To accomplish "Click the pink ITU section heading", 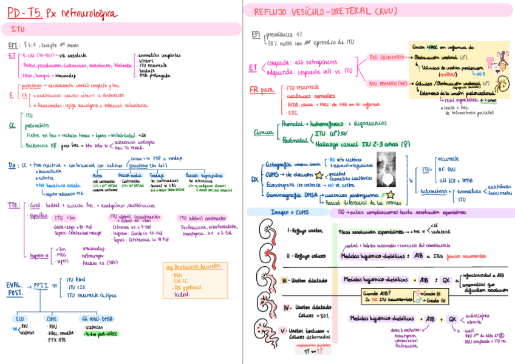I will (18, 29).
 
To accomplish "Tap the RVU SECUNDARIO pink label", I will (387, 57).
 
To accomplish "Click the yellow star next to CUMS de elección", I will (319, 174).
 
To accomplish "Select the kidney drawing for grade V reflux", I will (265, 333).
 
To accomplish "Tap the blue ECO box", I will (21, 318).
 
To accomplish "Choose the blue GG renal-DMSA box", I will (97, 318).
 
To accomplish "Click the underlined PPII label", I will (41, 284).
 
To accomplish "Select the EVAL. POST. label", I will (15, 288).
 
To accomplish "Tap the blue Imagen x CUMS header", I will (286, 213).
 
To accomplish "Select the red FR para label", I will (262, 89).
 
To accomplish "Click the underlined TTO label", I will (14, 205).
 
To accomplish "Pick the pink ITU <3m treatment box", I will (65, 218).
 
